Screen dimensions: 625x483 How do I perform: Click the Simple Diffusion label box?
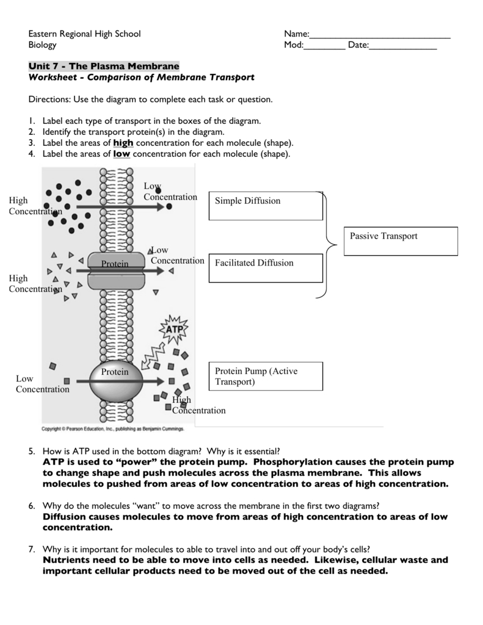pyautogui.click(x=266, y=205)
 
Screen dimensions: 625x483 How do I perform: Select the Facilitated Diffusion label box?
pyautogui.click(x=266, y=268)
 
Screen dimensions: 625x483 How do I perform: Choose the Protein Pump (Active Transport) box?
pyautogui.click(x=266, y=376)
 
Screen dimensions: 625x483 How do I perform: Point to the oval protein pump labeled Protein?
pyautogui.click(x=115, y=379)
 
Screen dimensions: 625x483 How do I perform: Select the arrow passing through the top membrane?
pyautogui.click(x=119, y=207)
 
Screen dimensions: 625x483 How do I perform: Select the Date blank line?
pyautogui.click(x=403, y=49)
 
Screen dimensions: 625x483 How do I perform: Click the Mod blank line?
pyautogui.click(x=324, y=49)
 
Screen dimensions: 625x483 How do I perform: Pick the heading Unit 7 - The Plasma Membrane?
pyautogui.click(x=104, y=66)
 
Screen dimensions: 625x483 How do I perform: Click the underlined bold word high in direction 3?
pyautogui.click(x=123, y=143)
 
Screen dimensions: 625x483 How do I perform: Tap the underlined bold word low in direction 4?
pyautogui.click(x=122, y=154)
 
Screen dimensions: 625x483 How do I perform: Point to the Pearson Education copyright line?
pyautogui.click(x=112, y=429)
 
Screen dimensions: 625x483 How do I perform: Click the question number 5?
pyautogui.click(x=31, y=451)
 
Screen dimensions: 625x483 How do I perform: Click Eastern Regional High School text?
pyautogui.click(x=84, y=34)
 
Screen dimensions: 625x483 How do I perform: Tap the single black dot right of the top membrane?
pyautogui.click(x=169, y=207)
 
